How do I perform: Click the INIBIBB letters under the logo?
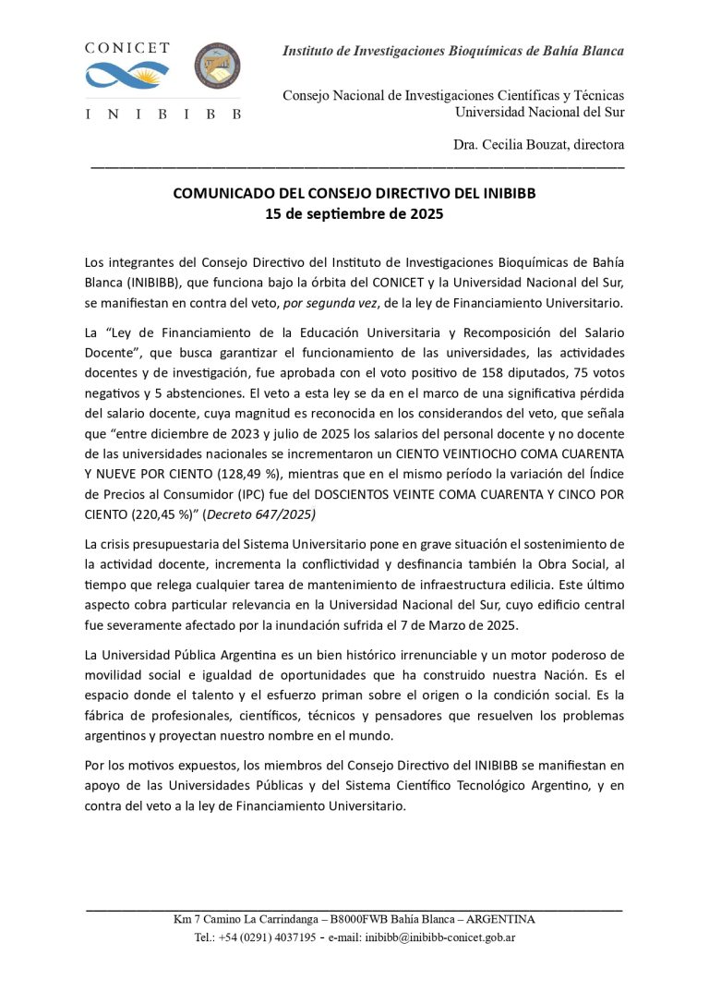click(162, 115)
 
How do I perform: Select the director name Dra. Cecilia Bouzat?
click(538, 144)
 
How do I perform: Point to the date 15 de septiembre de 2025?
click(354, 215)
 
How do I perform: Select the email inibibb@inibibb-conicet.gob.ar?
click(439, 937)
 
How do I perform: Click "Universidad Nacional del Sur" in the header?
click(539, 112)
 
